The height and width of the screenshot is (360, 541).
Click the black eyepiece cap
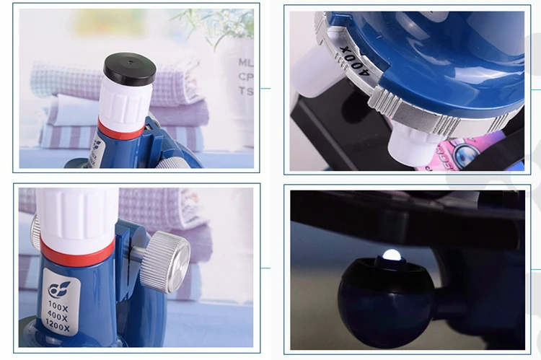pyautogui.click(x=130, y=69)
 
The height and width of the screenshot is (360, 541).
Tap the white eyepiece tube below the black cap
pyautogui.click(x=123, y=104)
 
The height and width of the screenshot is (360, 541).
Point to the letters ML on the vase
pyautogui.click(x=245, y=63)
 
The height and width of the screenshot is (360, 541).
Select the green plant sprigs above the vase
pyautogui.click(x=220, y=25)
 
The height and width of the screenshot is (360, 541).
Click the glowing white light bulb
pyautogui.click(x=391, y=255)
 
